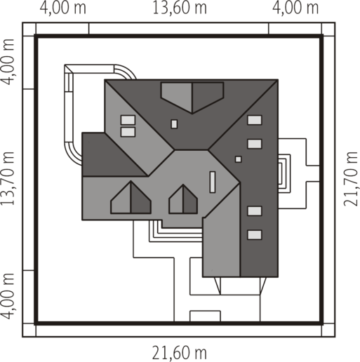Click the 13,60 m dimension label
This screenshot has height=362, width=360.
[x=180, y=8]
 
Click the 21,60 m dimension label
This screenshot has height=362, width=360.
[x=180, y=353]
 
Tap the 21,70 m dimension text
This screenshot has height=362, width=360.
[x=351, y=179]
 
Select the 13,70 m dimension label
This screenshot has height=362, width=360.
[x=8, y=179]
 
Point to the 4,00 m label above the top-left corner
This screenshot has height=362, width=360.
[x=63, y=8]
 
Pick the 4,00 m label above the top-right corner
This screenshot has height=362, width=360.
[x=295, y=8]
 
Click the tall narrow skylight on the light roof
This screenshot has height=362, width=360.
[x=213, y=182]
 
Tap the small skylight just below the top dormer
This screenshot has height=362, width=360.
[x=174, y=124]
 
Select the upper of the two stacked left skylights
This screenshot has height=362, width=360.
[x=128, y=120]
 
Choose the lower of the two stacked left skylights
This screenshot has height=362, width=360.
[x=128, y=132]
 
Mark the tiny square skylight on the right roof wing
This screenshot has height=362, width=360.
[x=238, y=159]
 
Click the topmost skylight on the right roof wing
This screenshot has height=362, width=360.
[x=255, y=120]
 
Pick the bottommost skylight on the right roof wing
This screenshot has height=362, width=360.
[x=255, y=235]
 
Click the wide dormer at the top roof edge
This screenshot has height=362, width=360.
[x=192, y=97]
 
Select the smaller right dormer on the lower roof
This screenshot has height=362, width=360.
[x=183, y=199]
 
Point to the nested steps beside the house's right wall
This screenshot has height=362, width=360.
[x=284, y=173]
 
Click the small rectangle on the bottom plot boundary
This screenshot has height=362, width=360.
[x=205, y=316]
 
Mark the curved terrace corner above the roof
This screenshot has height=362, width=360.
[x=125, y=71]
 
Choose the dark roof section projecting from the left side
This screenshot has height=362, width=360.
[x=110, y=154]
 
